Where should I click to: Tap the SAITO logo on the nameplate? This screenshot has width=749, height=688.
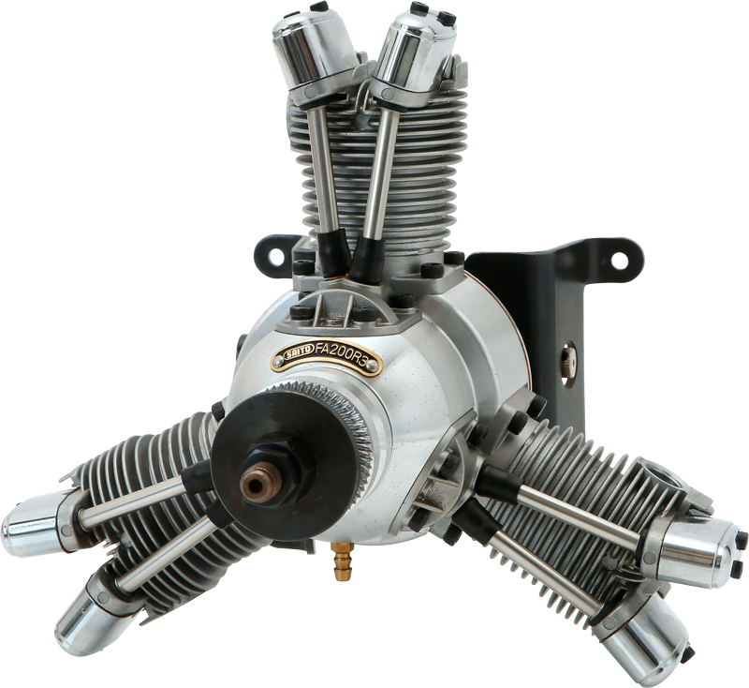[x=297, y=353]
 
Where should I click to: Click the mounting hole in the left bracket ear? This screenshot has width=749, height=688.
[x=274, y=257]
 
